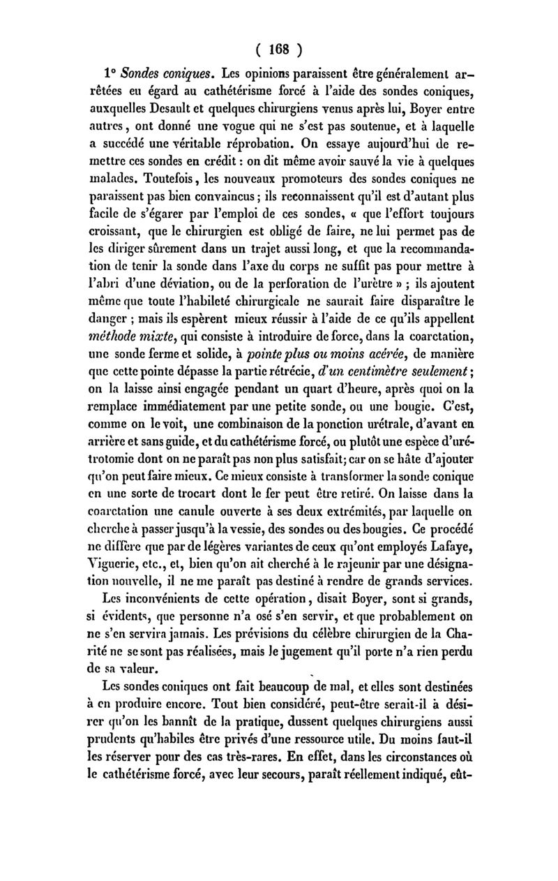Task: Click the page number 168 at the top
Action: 280,50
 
